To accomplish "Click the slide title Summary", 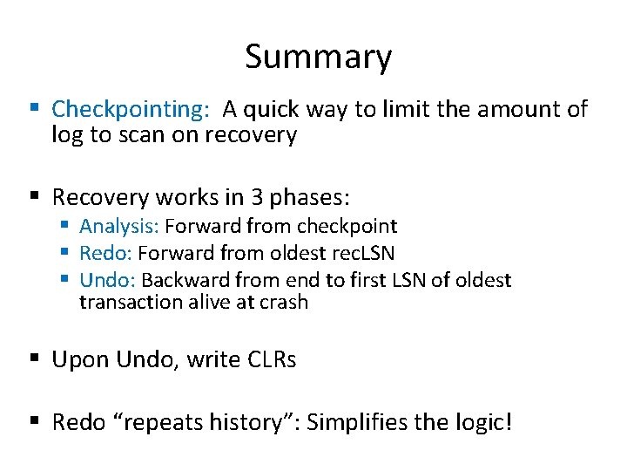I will (x=318, y=58).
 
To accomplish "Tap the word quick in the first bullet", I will (x=273, y=110).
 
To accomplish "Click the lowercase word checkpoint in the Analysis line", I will (x=347, y=227).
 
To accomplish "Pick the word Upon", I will (x=79, y=360).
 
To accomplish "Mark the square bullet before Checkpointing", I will (x=35, y=109).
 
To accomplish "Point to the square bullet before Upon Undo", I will (x=35, y=359).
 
